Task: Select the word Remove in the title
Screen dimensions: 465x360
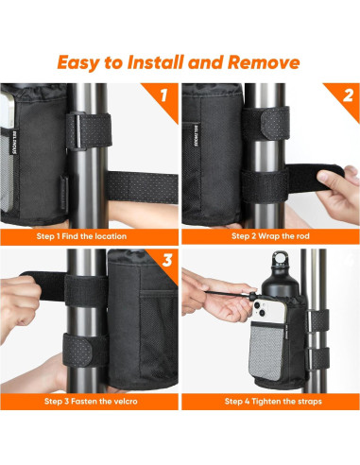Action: pyautogui.click(x=266, y=63)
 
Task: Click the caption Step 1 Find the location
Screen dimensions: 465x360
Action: pyautogui.click(x=89, y=233)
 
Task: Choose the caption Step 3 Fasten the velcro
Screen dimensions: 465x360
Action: pyautogui.click(x=89, y=400)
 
